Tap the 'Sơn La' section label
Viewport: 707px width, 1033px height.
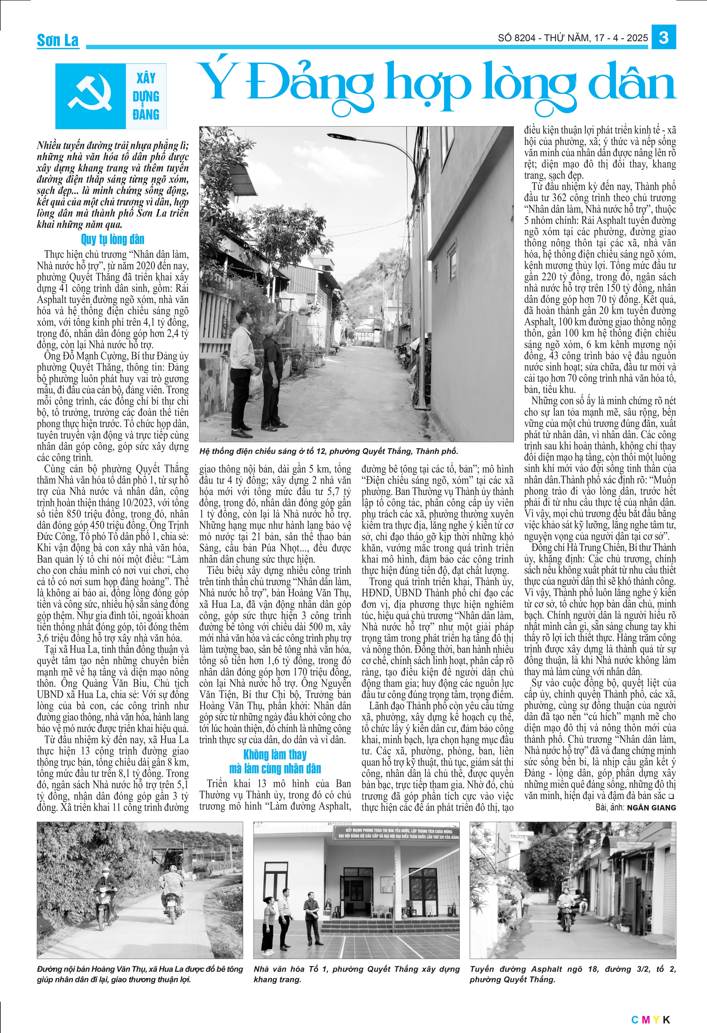point(58,40)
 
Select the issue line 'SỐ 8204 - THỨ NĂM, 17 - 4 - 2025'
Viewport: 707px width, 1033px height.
point(572,38)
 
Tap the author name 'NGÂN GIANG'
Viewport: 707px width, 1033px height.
point(651,808)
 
